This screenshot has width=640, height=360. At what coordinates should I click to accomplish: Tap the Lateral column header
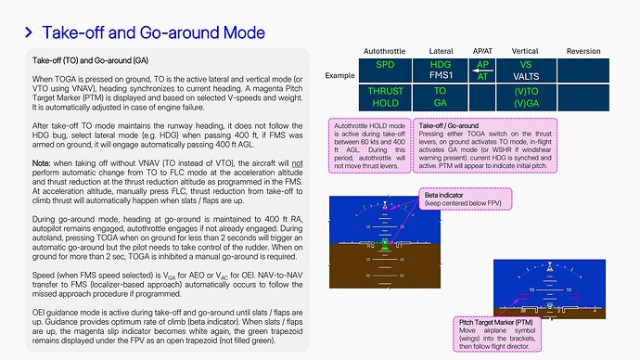(x=442, y=50)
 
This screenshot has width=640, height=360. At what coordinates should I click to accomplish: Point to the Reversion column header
(x=583, y=50)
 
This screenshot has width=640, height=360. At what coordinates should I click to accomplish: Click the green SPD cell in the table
(x=384, y=65)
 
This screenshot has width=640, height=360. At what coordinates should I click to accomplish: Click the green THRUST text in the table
(x=384, y=92)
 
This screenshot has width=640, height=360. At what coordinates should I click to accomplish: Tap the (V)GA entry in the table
(x=525, y=103)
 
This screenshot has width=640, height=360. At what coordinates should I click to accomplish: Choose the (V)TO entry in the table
(x=525, y=92)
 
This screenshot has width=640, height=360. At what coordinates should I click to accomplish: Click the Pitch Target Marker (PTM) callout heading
(x=506, y=320)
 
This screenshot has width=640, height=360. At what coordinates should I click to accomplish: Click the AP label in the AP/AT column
(x=482, y=64)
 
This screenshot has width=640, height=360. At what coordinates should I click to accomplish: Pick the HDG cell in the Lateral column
(x=442, y=65)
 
